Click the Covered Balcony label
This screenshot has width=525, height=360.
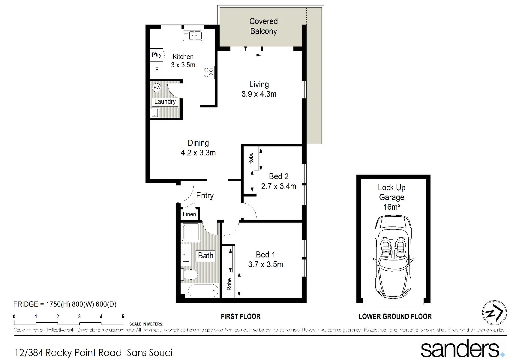coord(263,26)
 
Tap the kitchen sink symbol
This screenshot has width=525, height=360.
coord(192,35)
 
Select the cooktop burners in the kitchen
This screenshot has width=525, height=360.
coord(209,72)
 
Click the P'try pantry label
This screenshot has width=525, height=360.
coord(156,55)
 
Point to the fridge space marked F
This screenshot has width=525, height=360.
coord(157,70)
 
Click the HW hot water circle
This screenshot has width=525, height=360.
coord(157,88)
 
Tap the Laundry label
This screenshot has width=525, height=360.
coord(165,101)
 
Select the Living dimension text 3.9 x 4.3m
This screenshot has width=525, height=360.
coord(259,94)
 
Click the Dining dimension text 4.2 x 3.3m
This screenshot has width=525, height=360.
coord(198,153)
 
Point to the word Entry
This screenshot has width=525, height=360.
coord(205,196)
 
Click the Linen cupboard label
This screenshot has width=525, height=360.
coord(189,214)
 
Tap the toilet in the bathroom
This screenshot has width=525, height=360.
coord(190,275)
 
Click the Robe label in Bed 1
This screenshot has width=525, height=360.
coord(229,284)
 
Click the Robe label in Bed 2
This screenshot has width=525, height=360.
coord(251,158)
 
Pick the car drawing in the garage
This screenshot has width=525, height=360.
coord(393,259)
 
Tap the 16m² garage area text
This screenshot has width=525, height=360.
coord(392,207)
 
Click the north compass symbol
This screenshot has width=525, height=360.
coord(494,313)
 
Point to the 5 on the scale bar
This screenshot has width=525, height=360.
coord(123,317)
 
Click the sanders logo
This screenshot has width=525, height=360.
coord(462,349)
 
